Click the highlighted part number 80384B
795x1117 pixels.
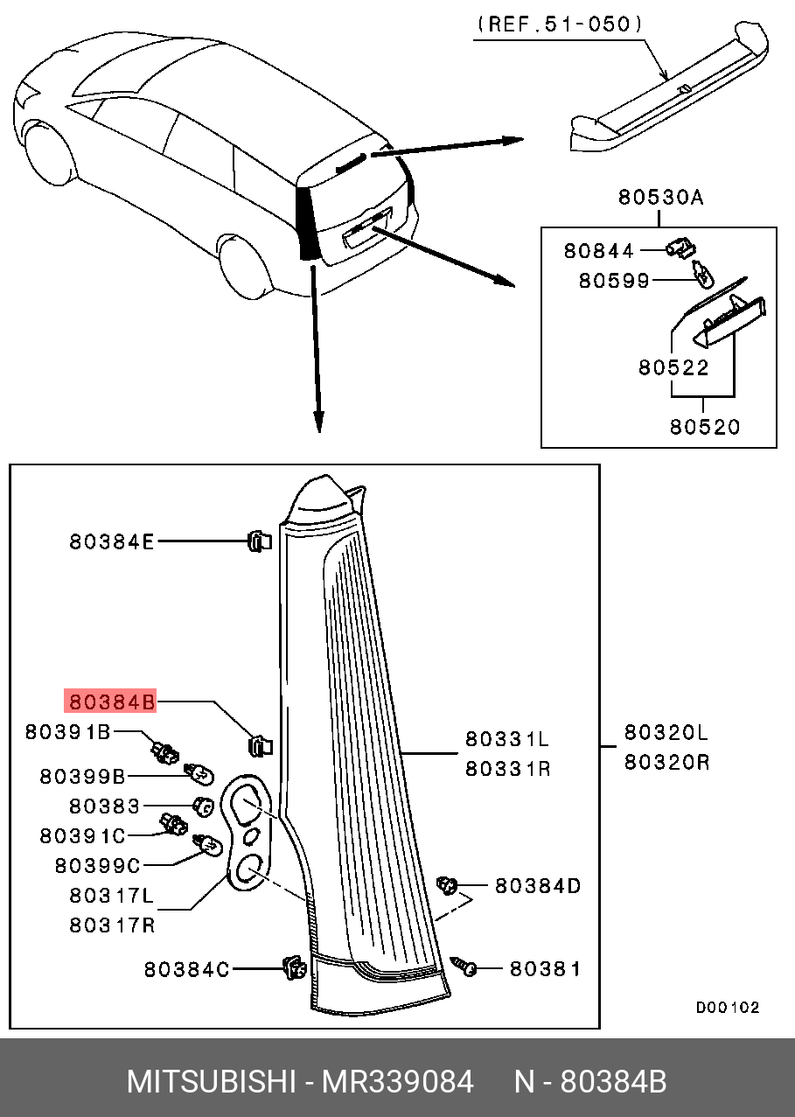111,702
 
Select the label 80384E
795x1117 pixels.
111,542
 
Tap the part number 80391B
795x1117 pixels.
67,731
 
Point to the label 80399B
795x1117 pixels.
82,776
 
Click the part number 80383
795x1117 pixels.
104,805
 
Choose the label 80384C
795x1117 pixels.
186,969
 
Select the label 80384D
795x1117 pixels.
538,886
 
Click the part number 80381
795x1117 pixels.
545,969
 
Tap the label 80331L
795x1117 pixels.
507,740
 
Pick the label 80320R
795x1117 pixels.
666,762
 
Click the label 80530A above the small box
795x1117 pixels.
660,198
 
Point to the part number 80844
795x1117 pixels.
598,251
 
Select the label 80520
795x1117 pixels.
705,427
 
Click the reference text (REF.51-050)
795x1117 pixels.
561,24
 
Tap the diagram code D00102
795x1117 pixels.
728,1008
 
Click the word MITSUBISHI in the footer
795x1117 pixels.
210,1082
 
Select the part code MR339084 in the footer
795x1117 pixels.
398,1082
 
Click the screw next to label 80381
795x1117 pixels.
466,967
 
